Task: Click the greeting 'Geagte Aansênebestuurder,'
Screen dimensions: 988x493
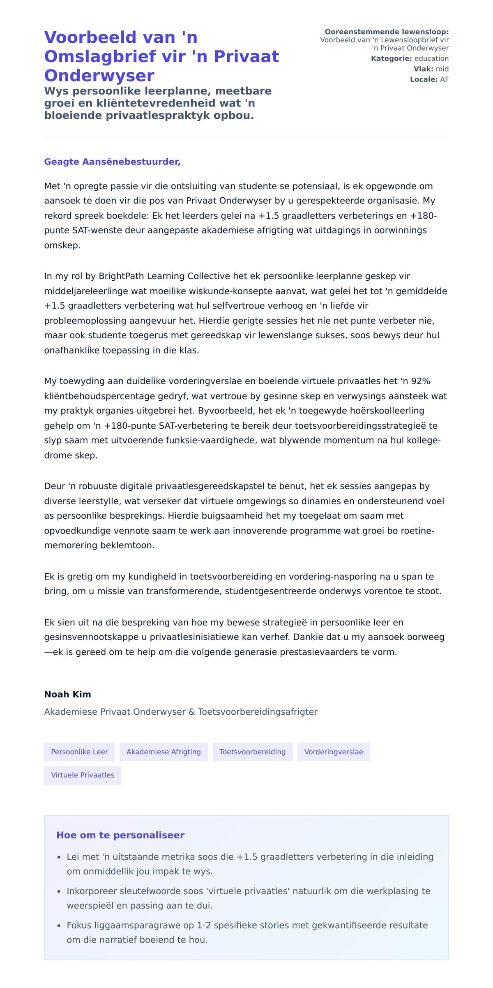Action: coord(112,162)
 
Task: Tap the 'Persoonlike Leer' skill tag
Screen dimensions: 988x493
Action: coord(79,752)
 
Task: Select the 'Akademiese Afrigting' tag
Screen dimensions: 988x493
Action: coord(164,752)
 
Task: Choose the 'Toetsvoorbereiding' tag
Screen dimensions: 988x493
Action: coord(252,752)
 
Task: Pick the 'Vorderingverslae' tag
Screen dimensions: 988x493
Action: coord(334,752)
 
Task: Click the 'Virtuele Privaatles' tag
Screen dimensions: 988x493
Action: coord(83,775)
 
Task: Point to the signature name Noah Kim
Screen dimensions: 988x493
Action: coord(67,694)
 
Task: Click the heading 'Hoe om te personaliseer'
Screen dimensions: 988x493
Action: coord(120,835)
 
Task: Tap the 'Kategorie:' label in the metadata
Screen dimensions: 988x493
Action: coord(391,58)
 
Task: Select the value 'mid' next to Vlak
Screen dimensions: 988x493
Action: coord(442,69)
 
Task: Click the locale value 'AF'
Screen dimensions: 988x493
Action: coord(444,79)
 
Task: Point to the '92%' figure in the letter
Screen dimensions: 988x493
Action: coord(420,381)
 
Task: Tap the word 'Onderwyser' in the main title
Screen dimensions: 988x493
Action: coord(99,75)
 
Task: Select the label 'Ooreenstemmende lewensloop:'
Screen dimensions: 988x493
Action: coord(386,32)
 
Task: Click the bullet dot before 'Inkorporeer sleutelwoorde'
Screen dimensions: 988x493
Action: coord(59,891)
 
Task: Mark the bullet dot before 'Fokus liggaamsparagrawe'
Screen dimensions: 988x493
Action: coord(59,926)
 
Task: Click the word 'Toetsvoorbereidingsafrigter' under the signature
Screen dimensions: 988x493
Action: coord(258,711)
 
